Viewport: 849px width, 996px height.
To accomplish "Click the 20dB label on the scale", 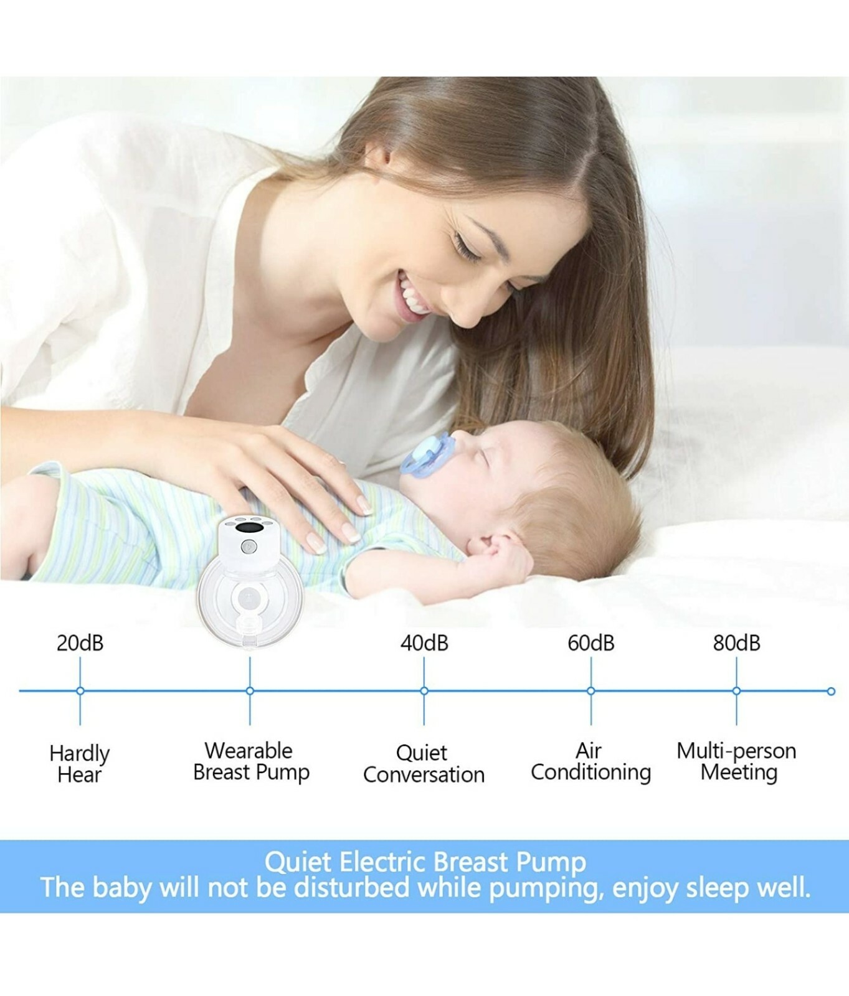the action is click(80, 643).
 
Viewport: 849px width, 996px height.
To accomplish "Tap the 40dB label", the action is click(424, 643).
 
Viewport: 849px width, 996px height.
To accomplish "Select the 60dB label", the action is click(591, 643).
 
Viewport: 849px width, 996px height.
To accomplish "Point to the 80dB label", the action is click(736, 643).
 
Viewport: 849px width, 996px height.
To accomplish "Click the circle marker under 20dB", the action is click(80, 691).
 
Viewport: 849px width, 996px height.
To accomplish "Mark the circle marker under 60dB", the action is click(591, 691).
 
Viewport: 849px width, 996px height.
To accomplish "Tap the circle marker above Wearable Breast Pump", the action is click(250, 691).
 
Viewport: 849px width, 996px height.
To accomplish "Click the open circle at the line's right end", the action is click(831, 692).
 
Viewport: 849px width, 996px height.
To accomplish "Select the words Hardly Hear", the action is click(80, 764).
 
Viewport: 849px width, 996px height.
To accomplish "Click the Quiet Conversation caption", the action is click(424, 764).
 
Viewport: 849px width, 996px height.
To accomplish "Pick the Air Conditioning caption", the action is click(591, 761).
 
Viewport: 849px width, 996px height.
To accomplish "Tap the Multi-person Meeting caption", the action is click(737, 761).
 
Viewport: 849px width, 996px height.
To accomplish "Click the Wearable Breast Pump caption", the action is click(251, 761).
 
